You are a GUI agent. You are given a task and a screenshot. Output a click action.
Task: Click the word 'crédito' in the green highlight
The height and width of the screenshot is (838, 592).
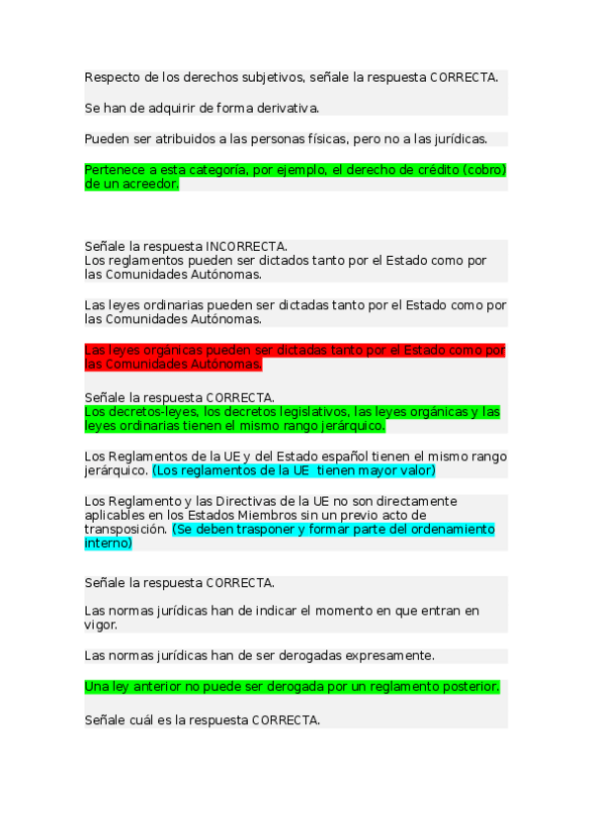pyautogui.click(x=431, y=170)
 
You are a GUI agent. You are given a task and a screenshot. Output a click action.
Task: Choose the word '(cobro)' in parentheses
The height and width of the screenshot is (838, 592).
pyautogui.click(x=483, y=170)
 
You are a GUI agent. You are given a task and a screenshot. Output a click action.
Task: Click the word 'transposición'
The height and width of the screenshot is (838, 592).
pyautogui.click(x=126, y=530)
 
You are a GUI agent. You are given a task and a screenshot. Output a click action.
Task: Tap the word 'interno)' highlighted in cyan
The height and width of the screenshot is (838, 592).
pyautogui.click(x=108, y=544)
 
